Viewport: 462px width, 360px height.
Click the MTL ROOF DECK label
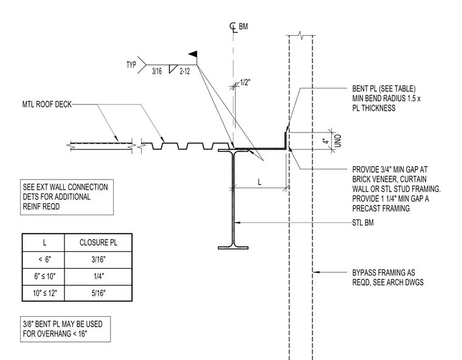coord(47,105)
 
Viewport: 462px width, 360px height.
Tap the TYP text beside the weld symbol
coord(131,65)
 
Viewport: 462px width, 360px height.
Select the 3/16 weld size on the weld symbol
coord(157,71)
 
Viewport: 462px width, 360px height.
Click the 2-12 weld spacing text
coord(185,71)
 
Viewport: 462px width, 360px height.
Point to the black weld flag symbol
coord(193,54)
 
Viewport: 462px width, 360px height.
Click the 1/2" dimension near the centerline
coord(245,82)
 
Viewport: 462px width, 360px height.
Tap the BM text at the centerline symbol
coord(243,27)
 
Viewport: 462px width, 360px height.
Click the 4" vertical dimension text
coord(326,141)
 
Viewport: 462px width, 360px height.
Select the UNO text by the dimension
coord(338,141)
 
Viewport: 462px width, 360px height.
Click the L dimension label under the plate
coord(260,182)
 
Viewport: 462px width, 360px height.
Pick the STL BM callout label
coord(363,223)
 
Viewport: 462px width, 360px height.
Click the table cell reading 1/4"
coord(98,277)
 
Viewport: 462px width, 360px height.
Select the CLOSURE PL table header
coord(98,243)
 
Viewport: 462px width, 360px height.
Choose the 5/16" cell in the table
coord(98,293)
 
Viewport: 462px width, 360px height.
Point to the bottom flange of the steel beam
coord(233,248)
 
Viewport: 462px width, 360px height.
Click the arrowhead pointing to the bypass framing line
coord(316,272)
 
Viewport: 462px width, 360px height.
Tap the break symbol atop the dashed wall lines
coord(301,35)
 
